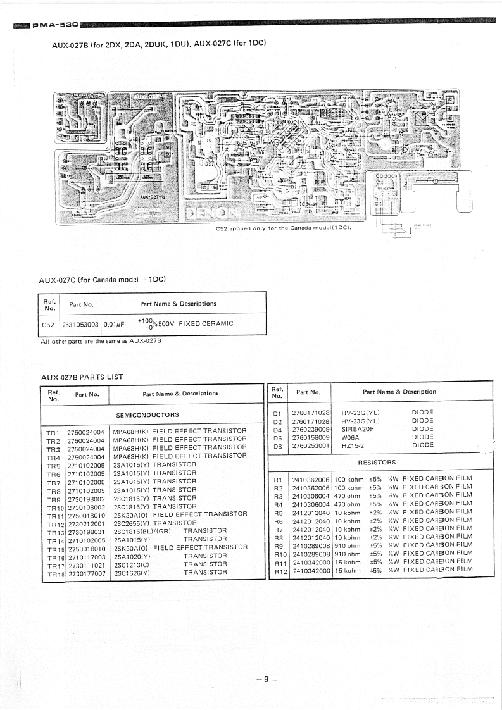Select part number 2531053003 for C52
tap(80, 324)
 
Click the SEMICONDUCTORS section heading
tap(147, 415)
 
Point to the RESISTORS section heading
tap(377, 463)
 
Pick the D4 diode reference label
tap(277, 429)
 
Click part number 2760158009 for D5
tap(311, 437)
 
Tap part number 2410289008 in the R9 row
tap(311, 545)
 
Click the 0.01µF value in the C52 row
tap(114, 324)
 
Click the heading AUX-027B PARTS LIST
tap(82, 377)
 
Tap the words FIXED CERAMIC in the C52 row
tap(206, 324)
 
